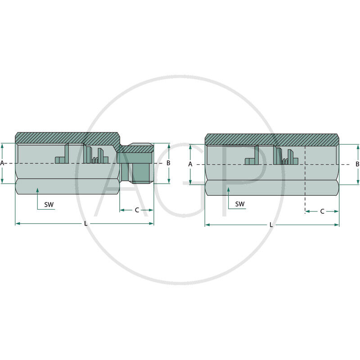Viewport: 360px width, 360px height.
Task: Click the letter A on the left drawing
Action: pos(2,163)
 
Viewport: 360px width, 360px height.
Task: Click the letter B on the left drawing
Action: pos(168,163)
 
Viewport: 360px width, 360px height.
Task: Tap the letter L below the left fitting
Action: pos(85,224)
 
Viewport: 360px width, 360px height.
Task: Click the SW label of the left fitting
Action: pos(49,204)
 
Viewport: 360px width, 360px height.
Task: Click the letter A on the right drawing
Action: pos(190,164)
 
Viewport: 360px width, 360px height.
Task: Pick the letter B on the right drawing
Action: pos(357,164)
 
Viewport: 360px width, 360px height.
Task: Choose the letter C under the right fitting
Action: pos(322,211)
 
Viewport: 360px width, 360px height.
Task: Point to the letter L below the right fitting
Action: pos(271,225)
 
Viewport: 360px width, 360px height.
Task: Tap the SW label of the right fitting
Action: pos(240,204)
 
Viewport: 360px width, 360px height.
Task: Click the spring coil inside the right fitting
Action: pos(285,161)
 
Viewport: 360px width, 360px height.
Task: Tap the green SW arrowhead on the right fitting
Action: pos(229,190)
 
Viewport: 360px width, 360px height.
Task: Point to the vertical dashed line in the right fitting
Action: pos(305,180)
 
